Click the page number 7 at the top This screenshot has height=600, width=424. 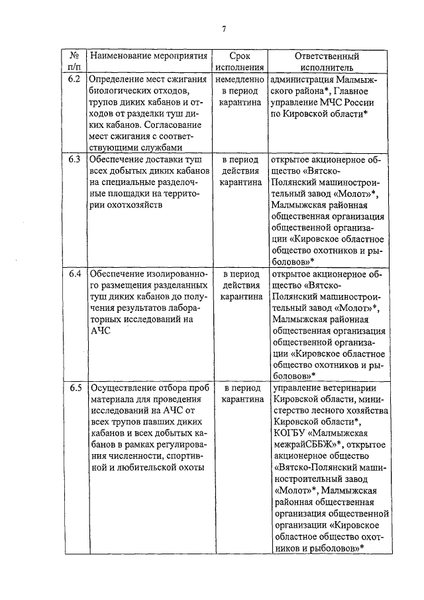[x=225, y=28]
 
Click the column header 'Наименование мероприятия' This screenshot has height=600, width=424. [x=148, y=56]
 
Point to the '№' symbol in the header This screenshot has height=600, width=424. [x=75, y=56]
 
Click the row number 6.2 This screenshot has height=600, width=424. [x=75, y=80]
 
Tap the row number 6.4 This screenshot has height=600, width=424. [x=75, y=273]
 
